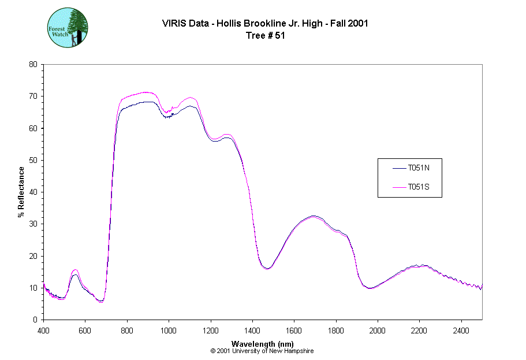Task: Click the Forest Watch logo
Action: (x=68, y=28)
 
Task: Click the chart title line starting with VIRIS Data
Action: (x=266, y=23)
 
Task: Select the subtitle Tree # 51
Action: (x=266, y=35)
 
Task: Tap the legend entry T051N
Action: (x=418, y=168)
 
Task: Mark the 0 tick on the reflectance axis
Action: (x=35, y=320)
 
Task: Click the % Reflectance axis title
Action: (x=21, y=192)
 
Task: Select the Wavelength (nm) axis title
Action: (x=263, y=343)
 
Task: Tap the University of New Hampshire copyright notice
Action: (x=263, y=351)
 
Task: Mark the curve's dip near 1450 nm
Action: (x=267, y=269)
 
